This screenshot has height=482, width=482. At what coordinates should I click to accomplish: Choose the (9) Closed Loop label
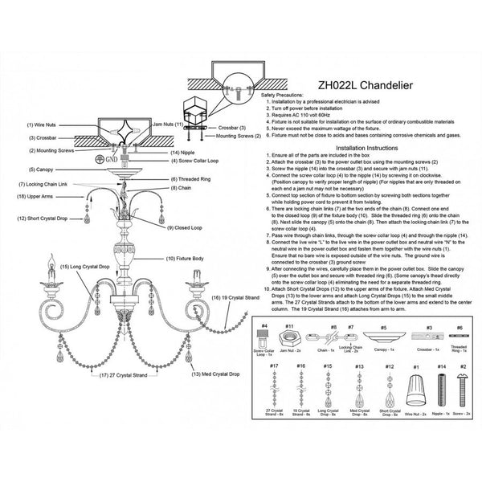[x=185, y=228]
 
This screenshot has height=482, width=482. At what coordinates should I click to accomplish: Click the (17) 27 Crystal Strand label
[x=120, y=374]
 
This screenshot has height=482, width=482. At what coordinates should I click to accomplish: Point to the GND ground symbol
[x=99, y=158]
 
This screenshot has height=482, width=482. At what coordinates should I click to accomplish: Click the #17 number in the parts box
[x=274, y=366]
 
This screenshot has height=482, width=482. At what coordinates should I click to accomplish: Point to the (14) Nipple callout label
[x=185, y=152]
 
